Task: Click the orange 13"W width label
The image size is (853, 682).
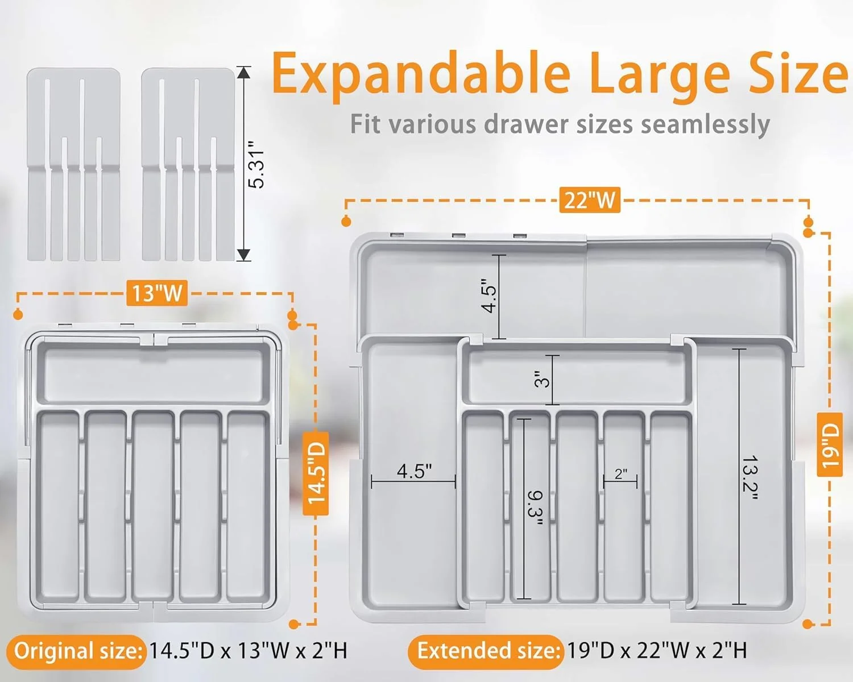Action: click(157, 293)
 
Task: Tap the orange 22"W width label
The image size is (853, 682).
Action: click(590, 200)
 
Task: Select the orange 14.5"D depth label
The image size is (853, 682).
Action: click(316, 473)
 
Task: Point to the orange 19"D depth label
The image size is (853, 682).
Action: click(830, 444)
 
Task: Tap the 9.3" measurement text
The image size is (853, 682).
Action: click(535, 508)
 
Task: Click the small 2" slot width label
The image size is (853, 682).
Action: click(621, 473)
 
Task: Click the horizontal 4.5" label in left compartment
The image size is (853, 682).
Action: click(414, 471)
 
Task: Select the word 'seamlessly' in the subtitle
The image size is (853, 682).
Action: click(706, 125)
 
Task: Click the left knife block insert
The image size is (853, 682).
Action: click(73, 164)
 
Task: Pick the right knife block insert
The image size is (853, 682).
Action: click(188, 164)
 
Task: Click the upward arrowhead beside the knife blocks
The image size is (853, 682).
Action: click(243, 73)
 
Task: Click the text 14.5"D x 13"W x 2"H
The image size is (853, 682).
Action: click(248, 651)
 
